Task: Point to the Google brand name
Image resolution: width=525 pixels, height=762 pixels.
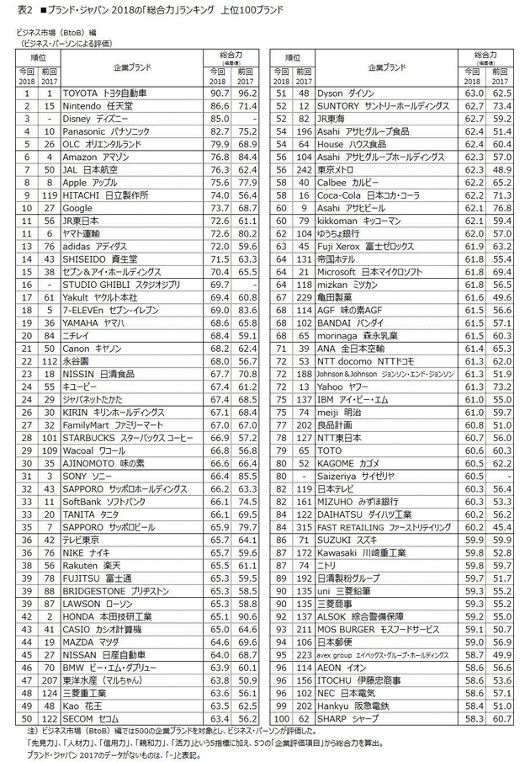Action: pyautogui.click(x=79, y=207)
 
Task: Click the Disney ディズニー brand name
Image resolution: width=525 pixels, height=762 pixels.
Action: pyautogui.click(x=92, y=119)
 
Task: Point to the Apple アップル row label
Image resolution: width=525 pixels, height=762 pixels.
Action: pyautogui.click(x=89, y=182)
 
